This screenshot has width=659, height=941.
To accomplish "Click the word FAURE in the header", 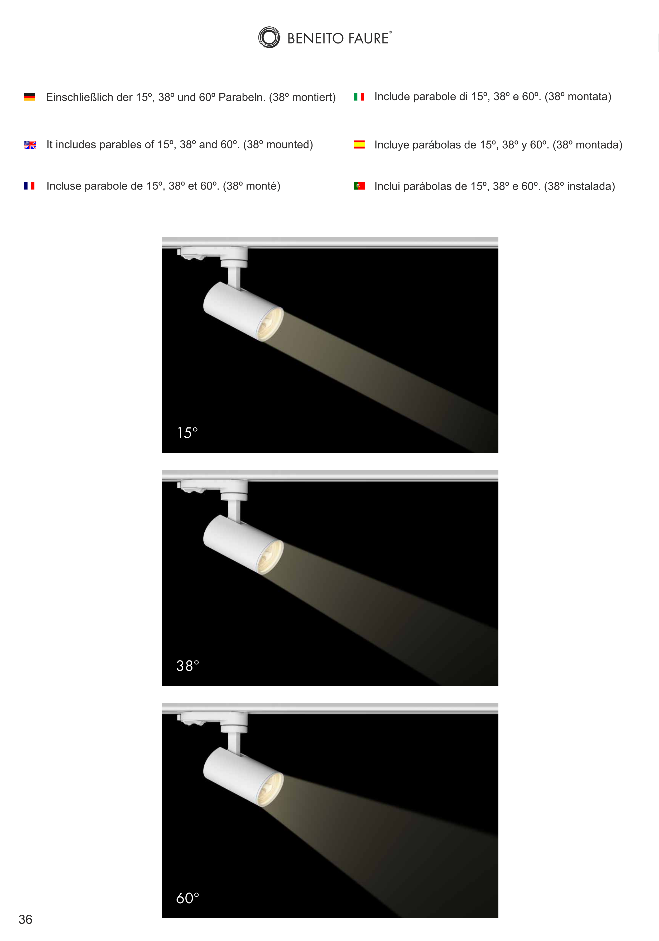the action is click(x=368, y=38).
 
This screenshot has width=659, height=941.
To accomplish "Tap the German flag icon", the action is click(x=30, y=97).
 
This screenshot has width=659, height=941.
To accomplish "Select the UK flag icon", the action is click(x=30, y=145).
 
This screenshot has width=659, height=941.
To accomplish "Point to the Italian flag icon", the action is click(x=359, y=97).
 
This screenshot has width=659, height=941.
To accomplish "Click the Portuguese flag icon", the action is click(x=359, y=186).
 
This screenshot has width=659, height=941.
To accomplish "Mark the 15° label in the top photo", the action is click(x=187, y=433).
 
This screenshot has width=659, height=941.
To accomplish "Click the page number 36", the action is click(x=25, y=919).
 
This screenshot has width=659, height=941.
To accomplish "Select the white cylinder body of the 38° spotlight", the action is click(x=238, y=541).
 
